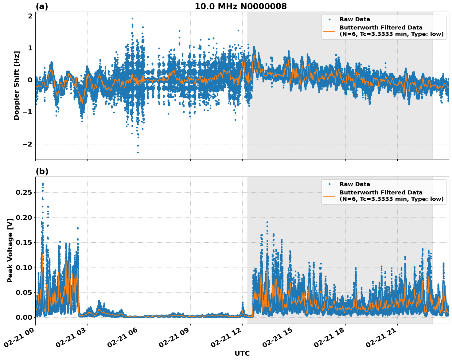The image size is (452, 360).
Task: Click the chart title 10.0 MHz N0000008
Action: coord(241,6)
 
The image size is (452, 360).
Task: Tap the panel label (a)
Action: coord(42,6)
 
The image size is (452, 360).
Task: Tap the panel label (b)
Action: coord(42,171)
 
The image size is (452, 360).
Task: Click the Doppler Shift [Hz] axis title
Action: coord(17,85)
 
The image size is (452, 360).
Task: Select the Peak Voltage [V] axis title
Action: coord(10,250)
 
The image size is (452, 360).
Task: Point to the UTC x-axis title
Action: coord(242,353)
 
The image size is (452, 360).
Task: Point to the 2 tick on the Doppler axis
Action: coord(30,16)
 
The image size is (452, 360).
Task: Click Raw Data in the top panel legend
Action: coord(355,19)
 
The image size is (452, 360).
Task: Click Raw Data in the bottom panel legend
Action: coord(355,184)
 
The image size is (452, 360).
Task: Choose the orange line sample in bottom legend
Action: coord(329,196)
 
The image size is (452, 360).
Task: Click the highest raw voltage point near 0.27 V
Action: coord(43,184)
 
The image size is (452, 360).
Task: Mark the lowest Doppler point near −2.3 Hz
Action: coord(138,152)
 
